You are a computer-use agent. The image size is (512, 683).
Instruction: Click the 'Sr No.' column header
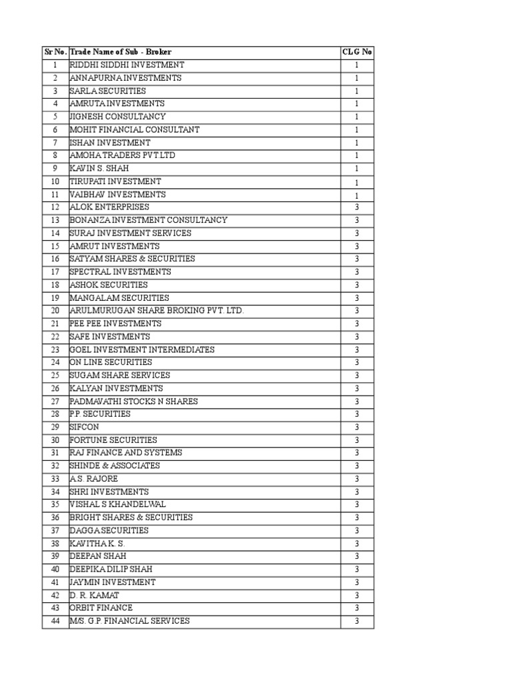[55, 52]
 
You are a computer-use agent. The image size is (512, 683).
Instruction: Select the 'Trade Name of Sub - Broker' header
[120, 52]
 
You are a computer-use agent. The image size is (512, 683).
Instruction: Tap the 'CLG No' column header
[357, 52]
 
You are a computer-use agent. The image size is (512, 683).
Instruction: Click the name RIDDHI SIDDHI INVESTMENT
[127, 65]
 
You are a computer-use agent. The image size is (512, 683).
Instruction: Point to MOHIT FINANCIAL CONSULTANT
[134, 129]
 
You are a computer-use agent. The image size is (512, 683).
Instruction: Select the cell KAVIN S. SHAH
[99, 168]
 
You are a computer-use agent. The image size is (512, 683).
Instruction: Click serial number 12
[55, 207]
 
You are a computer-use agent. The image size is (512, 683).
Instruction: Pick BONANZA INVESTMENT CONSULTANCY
[148, 220]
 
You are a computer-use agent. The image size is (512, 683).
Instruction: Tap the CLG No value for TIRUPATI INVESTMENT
[357, 181]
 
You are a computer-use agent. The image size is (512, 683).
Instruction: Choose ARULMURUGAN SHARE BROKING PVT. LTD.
[157, 311]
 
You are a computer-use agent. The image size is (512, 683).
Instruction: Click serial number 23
[55, 350]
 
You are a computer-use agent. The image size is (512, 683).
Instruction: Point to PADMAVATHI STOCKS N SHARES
[133, 402]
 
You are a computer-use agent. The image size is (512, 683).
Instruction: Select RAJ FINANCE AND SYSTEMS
[125, 453]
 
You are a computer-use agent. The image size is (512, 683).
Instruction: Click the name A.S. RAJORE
[93, 479]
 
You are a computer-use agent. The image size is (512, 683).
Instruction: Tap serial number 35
[55, 504]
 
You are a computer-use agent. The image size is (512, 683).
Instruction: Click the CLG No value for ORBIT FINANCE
[357, 608]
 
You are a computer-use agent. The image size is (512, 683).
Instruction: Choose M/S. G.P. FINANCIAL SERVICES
[129, 621]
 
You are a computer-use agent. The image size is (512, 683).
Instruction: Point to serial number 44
[55, 621]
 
